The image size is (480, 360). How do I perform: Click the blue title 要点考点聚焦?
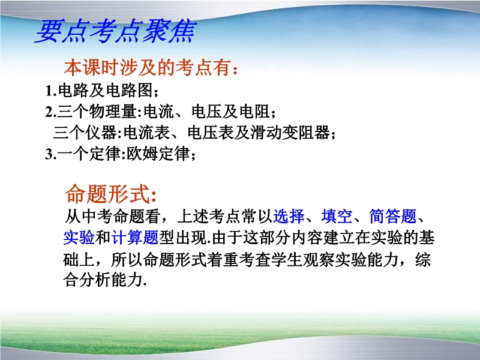pos(115,31)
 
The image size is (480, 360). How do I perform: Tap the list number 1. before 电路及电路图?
pos(51,91)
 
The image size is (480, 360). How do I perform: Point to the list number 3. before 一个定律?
pos(51,154)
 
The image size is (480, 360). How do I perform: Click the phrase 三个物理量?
pos(97,111)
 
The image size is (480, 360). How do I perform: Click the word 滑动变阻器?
pos(290,133)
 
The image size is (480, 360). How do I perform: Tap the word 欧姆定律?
pos(158,154)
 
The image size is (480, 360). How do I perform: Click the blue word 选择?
pos(289,217)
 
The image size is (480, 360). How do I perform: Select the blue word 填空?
pos(337,217)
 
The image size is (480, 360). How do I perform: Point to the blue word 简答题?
pos(393,217)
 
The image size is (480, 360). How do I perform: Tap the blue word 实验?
pos(79,238)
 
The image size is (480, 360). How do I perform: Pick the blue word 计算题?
pos(134,238)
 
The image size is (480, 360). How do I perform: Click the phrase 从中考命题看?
pos(112,217)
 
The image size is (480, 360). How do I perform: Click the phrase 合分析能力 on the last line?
pos(103,280)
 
